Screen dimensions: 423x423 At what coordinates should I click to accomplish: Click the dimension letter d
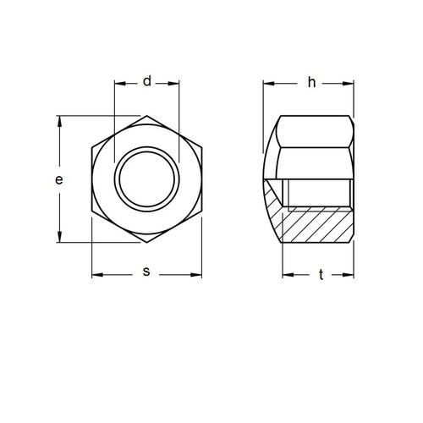(146, 82)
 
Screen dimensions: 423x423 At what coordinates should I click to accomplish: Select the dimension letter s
(146, 272)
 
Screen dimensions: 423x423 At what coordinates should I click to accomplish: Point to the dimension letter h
(310, 82)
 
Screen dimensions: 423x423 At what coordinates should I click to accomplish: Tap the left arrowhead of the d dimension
(117, 84)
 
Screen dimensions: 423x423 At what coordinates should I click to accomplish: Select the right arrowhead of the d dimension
(176, 84)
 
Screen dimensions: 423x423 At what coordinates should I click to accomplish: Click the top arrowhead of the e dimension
(59, 119)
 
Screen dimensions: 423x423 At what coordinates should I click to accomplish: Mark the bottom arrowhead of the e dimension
(59, 240)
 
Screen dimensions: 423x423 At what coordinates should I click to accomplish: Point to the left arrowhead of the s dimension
(95, 275)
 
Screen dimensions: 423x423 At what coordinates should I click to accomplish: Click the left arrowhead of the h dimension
(267, 84)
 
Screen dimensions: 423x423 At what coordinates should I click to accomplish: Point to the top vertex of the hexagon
(146, 115)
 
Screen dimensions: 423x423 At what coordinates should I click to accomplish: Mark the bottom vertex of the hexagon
(146, 245)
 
